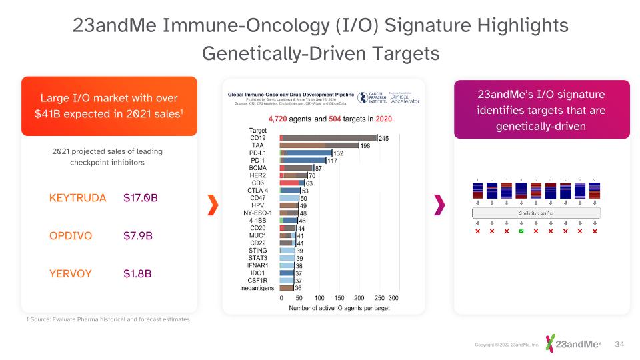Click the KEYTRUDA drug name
point(77,198)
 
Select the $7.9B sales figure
point(138,236)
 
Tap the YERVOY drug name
point(70,273)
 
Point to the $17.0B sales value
point(141,198)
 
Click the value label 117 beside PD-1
point(331,161)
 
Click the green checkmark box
point(521,231)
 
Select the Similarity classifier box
point(536,213)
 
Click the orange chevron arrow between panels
point(213,205)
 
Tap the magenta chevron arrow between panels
point(439,205)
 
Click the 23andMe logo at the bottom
point(573,343)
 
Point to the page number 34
point(619,344)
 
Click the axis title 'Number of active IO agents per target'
point(339,308)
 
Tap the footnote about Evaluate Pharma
point(108,319)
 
